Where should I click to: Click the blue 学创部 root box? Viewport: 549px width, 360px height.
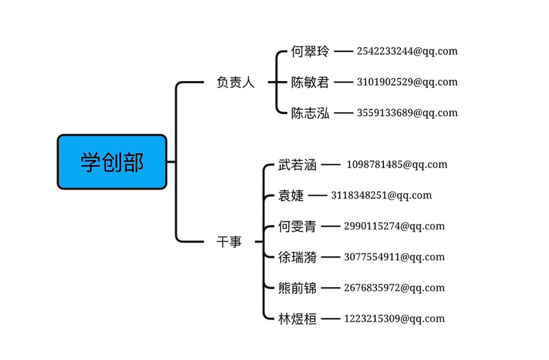coord(112,162)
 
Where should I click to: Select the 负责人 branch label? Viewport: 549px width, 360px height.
coord(235,82)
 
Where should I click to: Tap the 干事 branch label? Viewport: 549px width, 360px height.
coord(229,242)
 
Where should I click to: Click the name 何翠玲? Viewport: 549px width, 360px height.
coord(310,52)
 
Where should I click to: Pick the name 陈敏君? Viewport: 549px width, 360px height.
coord(310,82)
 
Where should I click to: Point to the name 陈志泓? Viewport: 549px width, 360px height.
coord(310,113)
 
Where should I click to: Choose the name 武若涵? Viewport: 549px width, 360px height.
coord(297,165)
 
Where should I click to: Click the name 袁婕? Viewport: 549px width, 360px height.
coord(291,195)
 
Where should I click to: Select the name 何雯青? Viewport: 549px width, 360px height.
coord(297,227)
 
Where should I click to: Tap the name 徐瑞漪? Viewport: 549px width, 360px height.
coord(297,257)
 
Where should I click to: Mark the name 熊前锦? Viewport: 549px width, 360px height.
coord(297,288)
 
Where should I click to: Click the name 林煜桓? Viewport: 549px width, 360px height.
coord(297,319)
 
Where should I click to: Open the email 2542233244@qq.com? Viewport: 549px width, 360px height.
coord(407,52)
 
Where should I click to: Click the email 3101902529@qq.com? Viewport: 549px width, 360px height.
coord(407,82)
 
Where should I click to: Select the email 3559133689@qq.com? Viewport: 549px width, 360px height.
coord(407,113)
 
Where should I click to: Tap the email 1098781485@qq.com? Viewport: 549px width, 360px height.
coord(397,165)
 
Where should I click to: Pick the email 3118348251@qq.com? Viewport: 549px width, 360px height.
coord(382,195)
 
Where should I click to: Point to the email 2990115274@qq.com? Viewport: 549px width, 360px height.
coord(394,226)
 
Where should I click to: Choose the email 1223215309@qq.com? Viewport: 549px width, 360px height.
coord(394,319)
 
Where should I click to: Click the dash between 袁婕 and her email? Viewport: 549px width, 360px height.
coord(317,195)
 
